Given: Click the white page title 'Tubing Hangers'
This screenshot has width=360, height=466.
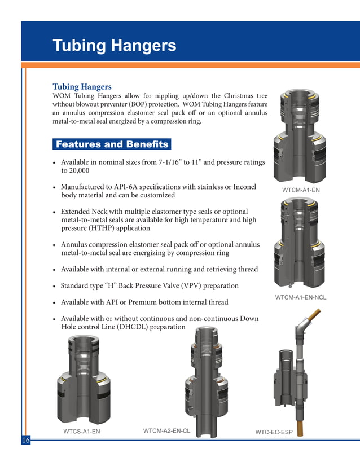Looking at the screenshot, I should [114, 46].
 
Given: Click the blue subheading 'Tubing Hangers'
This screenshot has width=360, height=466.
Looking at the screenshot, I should [82, 87].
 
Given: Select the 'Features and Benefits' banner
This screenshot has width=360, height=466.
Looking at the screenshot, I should [112, 144].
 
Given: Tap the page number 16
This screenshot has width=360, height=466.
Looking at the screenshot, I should [26, 440].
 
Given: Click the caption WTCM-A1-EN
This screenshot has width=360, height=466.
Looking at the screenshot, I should [301, 190].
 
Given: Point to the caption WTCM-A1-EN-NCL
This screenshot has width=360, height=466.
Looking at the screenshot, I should [300, 297].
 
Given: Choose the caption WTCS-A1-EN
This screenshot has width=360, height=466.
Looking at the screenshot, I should [81, 432].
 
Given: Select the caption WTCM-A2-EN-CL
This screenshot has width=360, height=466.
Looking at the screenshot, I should [166, 431].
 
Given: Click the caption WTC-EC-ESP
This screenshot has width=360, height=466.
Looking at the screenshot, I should [274, 433].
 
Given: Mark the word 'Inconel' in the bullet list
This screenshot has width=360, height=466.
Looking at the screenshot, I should [243, 187].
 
